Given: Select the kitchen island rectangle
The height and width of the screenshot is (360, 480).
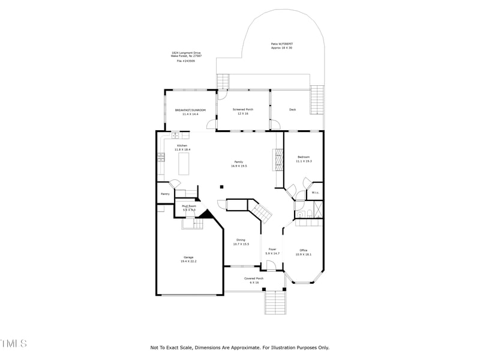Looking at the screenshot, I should point(184,164).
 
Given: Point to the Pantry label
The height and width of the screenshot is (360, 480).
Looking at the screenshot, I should point(165,194).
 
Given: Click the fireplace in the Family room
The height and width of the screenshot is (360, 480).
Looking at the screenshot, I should point(278,160).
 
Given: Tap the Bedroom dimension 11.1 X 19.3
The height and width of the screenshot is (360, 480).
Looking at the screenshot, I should point(304,161).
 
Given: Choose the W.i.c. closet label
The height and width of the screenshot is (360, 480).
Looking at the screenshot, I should point(315,193).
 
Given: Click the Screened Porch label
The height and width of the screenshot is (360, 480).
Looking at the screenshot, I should point(243,110).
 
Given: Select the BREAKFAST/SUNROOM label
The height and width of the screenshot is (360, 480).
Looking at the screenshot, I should point(190,110).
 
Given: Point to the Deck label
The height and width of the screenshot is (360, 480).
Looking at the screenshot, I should point(292,110).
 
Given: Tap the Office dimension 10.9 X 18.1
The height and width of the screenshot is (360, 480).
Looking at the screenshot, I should point(304,254).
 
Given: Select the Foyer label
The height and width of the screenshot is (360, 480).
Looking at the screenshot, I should point(272,249).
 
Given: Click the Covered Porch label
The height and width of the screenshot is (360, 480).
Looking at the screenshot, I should point(254,278).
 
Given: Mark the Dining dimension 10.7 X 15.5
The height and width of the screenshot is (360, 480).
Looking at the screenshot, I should point(241,244).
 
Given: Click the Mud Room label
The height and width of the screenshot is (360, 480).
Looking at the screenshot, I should point(189,206).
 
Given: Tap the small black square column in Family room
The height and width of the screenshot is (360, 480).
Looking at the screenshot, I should point(221,187).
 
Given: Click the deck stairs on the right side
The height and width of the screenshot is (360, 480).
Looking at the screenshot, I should point(317,100).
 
